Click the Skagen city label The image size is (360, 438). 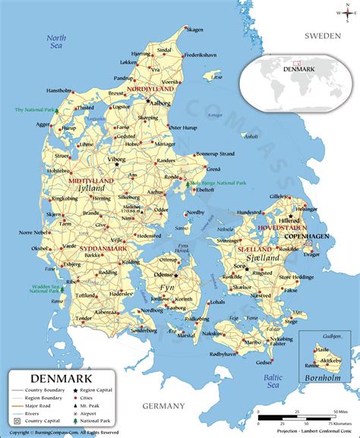pyautogui.click(x=195, y=30)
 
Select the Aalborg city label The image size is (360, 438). pyautogui.click(x=162, y=102)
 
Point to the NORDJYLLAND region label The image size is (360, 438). pyautogui.click(x=153, y=88)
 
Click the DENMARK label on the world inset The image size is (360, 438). pyautogui.click(x=317, y=68)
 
